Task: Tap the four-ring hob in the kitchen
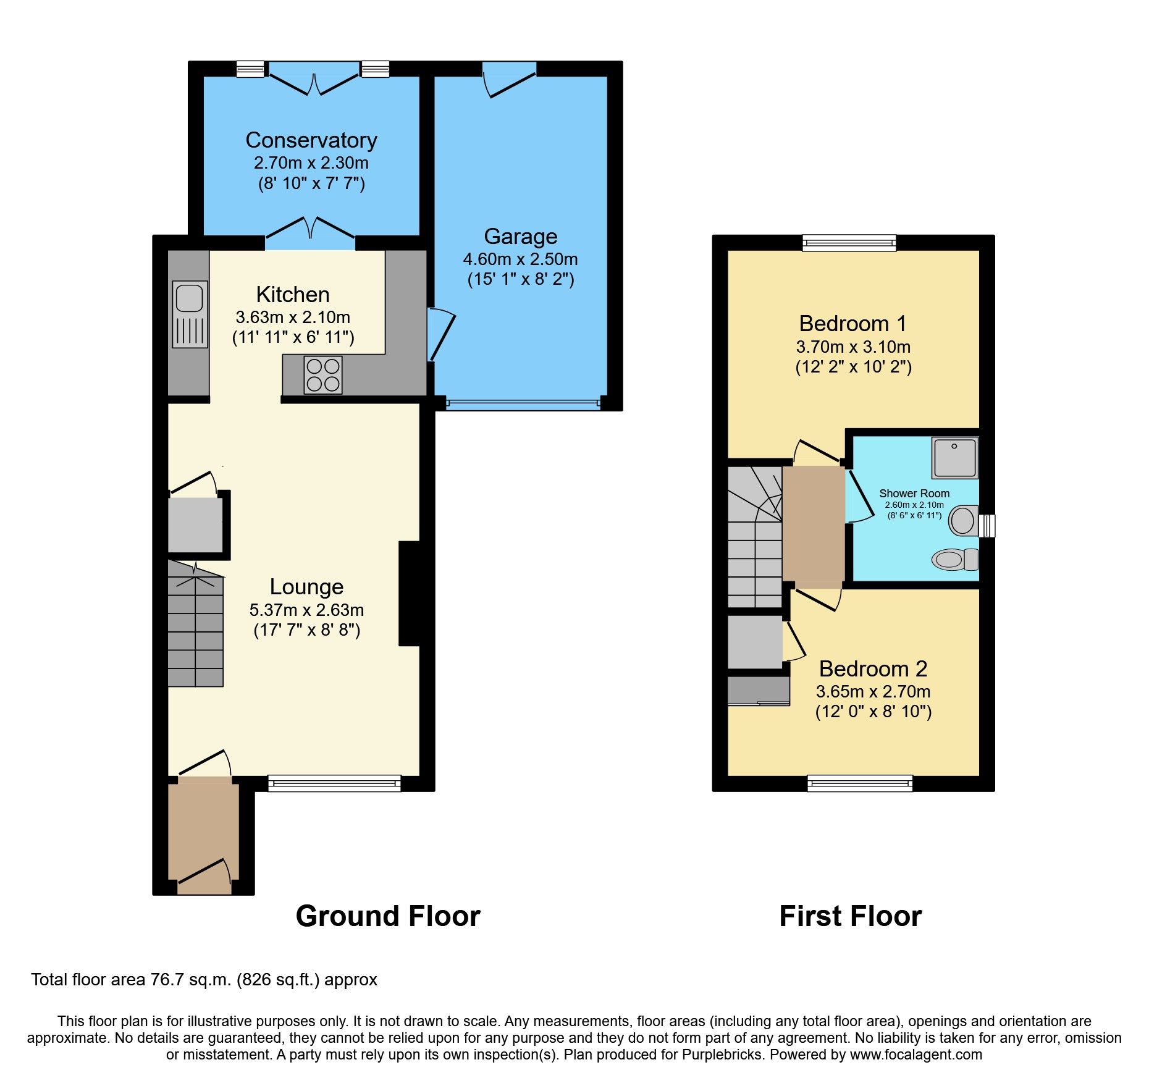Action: click(323, 375)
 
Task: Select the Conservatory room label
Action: click(311, 140)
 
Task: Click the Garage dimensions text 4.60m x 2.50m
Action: click(520, 259)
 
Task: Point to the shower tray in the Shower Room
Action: click(955, 458)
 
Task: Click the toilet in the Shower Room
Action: click(954, 560)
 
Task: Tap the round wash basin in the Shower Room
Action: click(962, 520)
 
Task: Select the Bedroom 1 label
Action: click(852, 324)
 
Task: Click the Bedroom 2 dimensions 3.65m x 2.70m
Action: click(873, 691)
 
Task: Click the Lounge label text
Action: click(306, 587)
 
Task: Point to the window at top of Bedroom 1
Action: click(849, 243)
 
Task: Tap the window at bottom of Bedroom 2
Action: click(860, 783)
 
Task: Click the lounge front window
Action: click(334, 783)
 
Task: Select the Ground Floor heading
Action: click(388, 916)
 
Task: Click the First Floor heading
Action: click(851, 916)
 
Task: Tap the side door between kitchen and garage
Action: click(440, 334)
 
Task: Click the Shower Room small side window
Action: click(987, 526)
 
